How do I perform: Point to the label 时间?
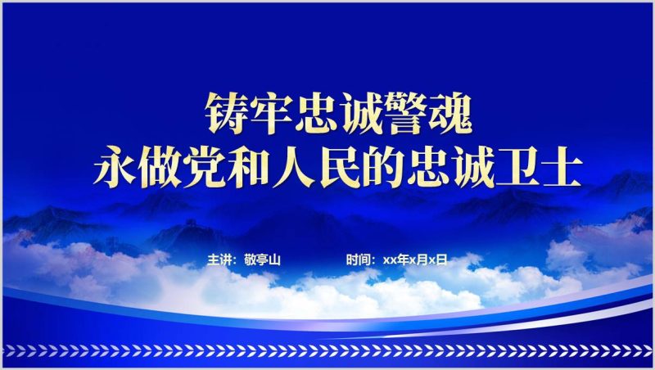pos(358,259)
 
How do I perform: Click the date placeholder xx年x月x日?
pos(421,259)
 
